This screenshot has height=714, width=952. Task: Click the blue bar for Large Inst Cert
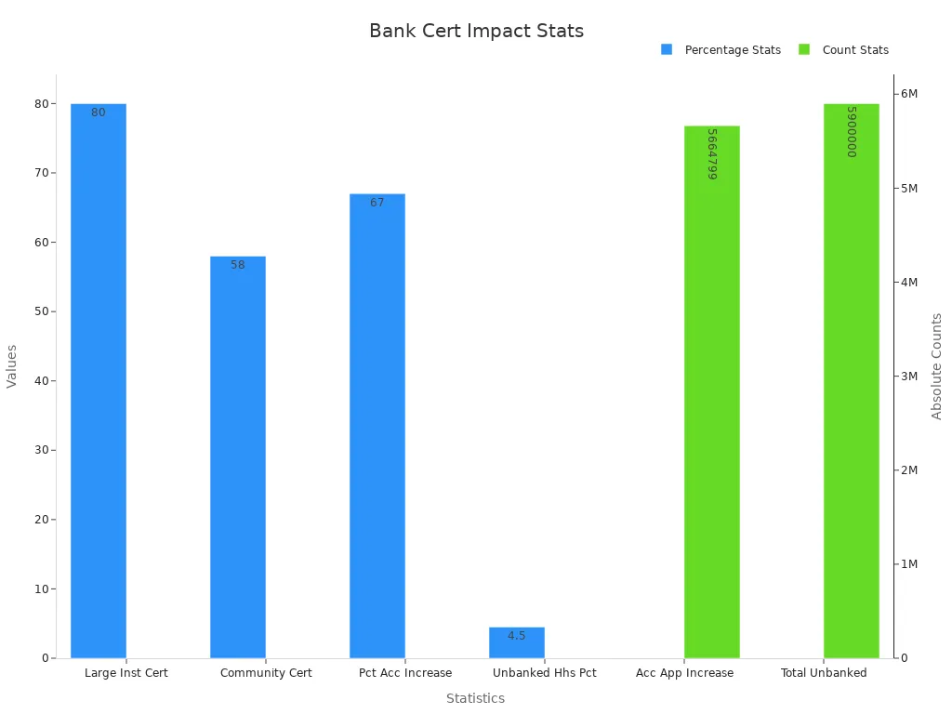(99, 381)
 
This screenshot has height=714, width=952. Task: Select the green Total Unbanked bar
(852, 381)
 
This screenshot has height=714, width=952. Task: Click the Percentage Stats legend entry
(721, 50)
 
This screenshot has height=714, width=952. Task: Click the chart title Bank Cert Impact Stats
(476, 31)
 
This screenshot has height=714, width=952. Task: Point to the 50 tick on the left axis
(42, 311)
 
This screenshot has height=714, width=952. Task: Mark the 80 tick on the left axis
(42, 103)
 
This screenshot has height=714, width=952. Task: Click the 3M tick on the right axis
(910, 376)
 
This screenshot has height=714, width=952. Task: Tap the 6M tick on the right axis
(910, 94)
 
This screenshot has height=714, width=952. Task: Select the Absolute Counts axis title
(936, 366)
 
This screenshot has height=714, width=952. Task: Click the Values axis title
(12, 366)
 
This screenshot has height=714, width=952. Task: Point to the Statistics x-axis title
(475, 698)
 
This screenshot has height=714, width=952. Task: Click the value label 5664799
(712, 154)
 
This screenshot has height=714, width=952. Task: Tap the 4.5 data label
(517, 636)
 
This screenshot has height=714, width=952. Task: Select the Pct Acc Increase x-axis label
(405, 673)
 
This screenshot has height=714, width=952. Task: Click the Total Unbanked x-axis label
(824, 673)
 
